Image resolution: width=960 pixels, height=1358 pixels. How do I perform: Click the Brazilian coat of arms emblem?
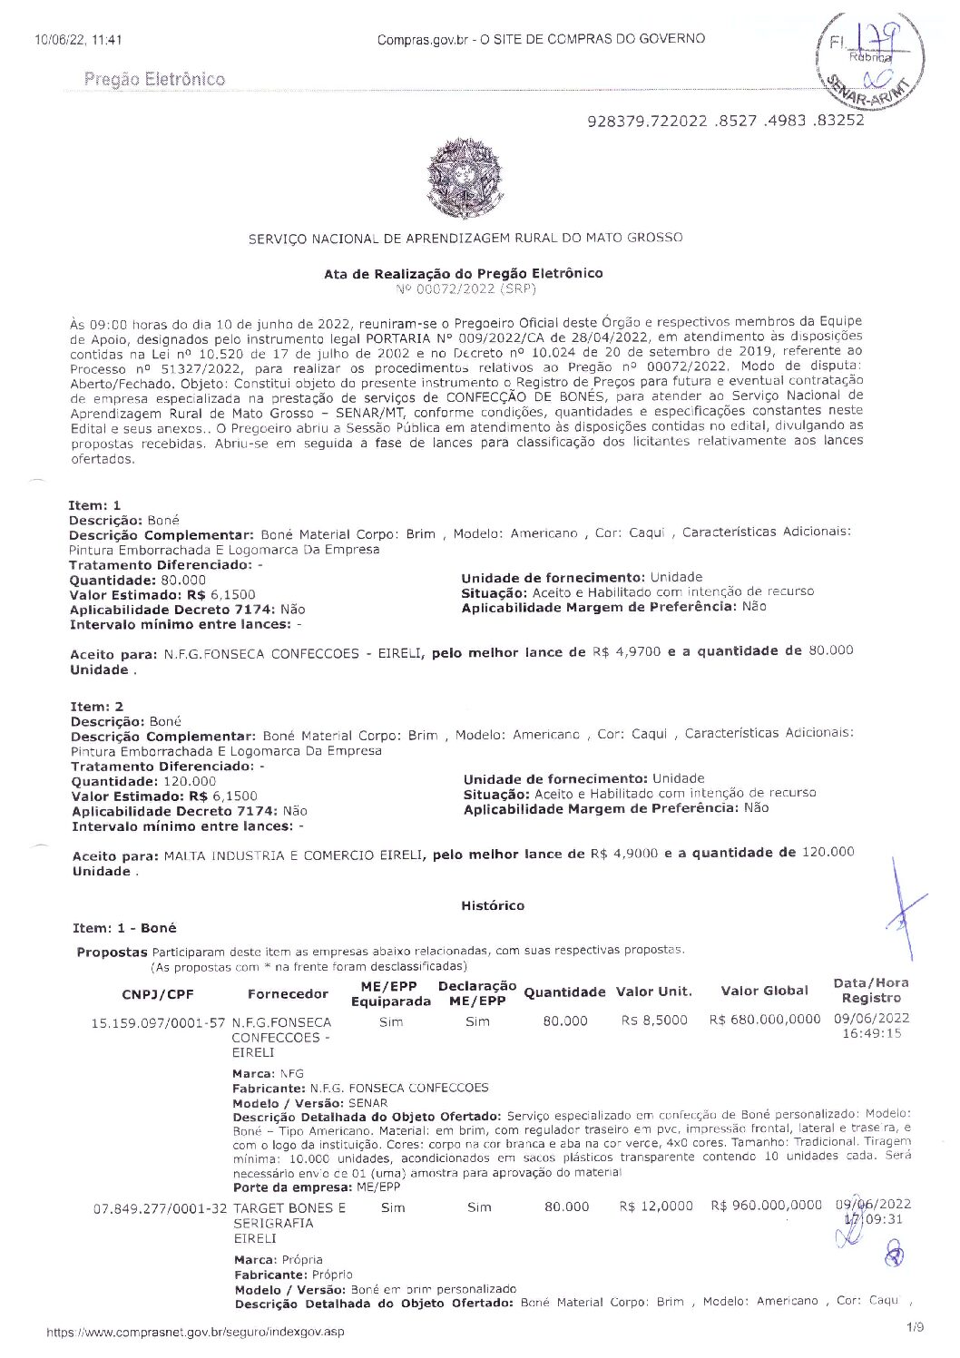[464, 179]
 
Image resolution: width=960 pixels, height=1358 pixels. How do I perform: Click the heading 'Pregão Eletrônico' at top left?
[154, 79]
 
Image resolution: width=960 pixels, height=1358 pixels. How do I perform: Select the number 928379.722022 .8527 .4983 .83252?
[726, 121]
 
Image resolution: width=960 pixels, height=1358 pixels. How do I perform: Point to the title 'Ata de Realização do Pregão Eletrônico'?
[463, 273]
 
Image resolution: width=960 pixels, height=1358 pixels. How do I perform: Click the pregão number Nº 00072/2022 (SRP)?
[466, 288]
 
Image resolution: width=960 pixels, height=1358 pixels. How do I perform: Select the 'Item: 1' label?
[94, 505]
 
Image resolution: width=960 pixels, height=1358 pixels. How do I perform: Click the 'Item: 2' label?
[97, 707]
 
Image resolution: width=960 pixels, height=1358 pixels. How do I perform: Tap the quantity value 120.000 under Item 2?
[189, 781]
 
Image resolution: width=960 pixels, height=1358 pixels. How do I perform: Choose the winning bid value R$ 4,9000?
[623, 854]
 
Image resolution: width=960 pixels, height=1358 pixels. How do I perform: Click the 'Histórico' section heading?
[493, 905]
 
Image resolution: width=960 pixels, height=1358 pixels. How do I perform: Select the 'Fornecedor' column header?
[288, 993]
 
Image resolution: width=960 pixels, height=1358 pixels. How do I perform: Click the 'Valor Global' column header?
[764, 991]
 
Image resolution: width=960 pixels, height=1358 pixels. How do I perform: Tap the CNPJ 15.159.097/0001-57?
[158, 1022]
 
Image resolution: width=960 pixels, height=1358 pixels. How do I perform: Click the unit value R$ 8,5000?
[654, 1021]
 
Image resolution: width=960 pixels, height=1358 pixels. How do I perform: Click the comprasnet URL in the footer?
[196, 1332]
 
